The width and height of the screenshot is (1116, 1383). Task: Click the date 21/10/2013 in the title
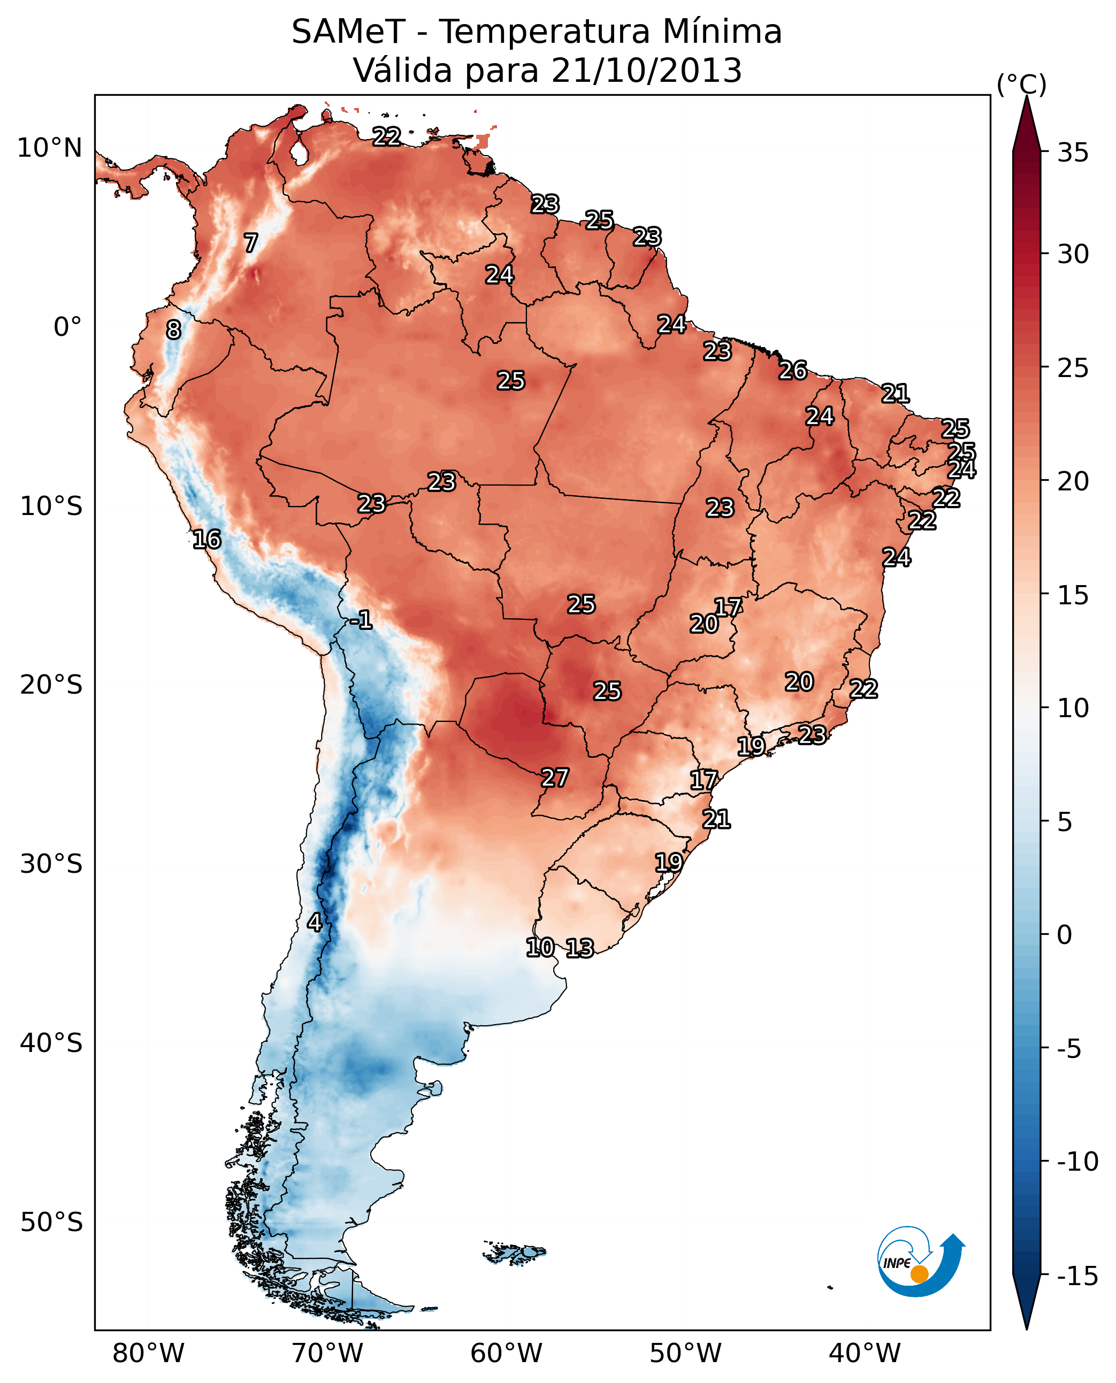coord(646,71)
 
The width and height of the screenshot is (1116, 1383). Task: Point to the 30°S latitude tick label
coord(51,864)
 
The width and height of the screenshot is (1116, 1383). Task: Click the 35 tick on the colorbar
coord(1073,153)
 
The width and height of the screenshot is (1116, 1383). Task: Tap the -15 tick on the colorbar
coord(1077,1276)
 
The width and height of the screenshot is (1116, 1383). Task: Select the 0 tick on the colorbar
coord(1065,934)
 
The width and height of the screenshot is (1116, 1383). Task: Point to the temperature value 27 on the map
coord(555,778)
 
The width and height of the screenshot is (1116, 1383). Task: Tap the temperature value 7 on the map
coord(251,243)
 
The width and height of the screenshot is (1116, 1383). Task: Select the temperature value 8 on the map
coord(173,329)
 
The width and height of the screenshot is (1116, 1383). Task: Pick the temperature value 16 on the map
coord(207,539)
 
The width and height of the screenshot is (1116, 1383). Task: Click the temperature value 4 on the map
coord(315,922)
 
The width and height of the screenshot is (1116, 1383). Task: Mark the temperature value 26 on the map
coord(793,371)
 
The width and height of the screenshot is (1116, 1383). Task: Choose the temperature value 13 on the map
coord(580,948)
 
